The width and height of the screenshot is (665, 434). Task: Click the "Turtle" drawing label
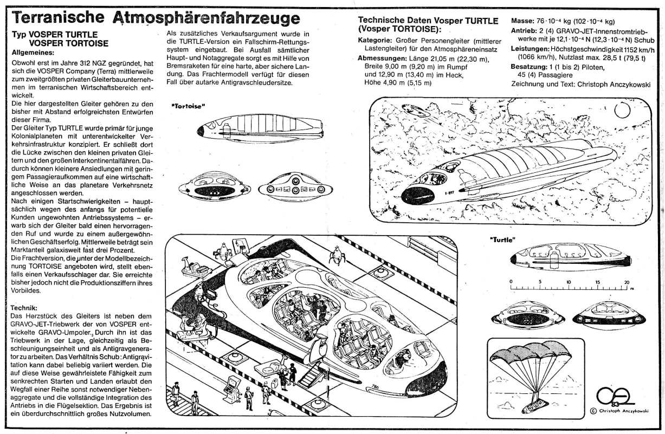(502, 239)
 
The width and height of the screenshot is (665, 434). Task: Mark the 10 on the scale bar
(568, 282)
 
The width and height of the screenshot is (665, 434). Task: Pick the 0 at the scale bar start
(511, 282)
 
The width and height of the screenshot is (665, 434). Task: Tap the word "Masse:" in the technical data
(522, 21)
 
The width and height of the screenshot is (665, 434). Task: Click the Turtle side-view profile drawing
(569, 257)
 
